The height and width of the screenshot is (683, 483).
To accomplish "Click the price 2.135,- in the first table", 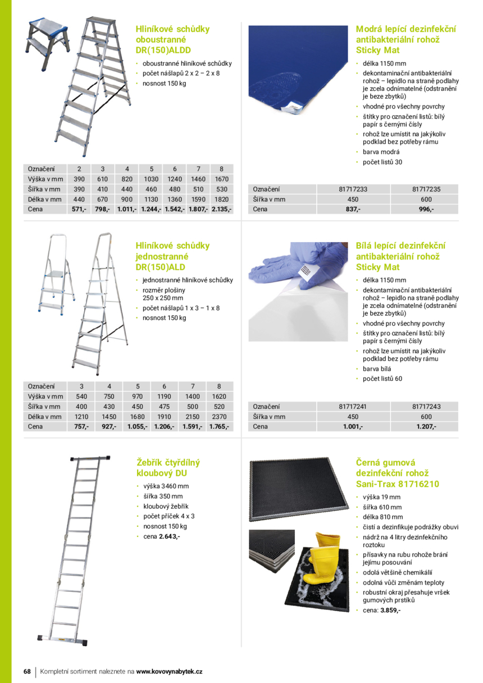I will coord(221,209).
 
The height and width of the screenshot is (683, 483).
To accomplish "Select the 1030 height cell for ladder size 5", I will coord(151,179).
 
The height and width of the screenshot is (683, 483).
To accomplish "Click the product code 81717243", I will coord(426,406).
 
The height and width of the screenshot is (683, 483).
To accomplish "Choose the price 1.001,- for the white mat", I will coord(353,426).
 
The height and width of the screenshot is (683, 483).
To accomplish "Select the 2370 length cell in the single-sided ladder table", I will coord(219,416).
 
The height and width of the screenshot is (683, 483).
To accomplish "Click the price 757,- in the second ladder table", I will coord(81,426).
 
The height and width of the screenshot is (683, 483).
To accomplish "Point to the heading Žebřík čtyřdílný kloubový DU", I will coord(168,468).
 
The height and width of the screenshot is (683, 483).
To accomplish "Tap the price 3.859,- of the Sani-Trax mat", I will coord(390,610).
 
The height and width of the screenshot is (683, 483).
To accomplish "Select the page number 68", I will coord(26,671).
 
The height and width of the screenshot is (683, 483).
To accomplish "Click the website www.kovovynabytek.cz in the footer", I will coord(169,671).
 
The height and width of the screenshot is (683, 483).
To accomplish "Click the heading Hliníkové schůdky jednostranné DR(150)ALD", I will coord(172,256).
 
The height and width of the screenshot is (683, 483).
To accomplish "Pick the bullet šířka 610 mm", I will coord(382,507).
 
